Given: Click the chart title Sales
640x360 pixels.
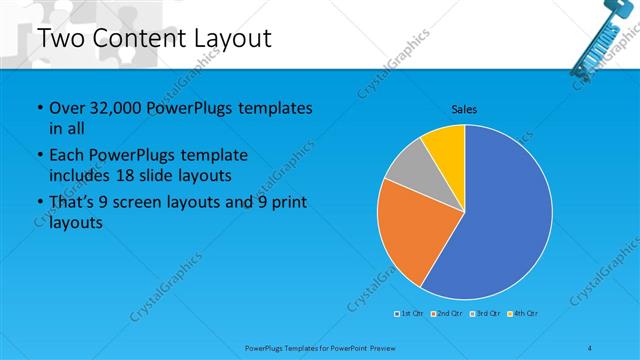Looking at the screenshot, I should (464, 108).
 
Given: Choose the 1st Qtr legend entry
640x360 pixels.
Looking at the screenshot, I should (410, 314).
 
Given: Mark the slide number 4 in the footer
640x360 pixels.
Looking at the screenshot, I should (590, 347).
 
